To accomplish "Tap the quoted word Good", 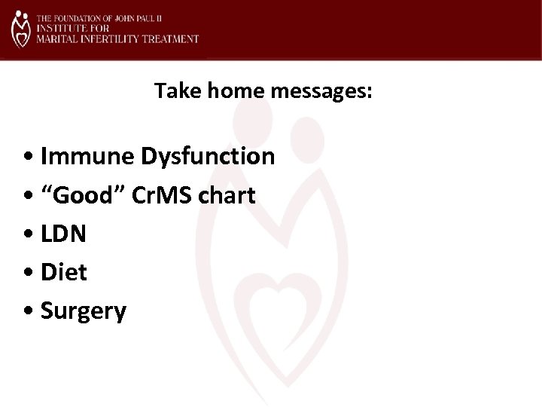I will pyautogui.click(x=89, y=196).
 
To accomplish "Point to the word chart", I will pyautogui.click(x=228, y=196).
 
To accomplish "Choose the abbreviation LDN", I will pyautogui.click(x=63, y=234).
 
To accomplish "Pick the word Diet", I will pyautogui.click(x=64, y=273).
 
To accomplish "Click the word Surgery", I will pyautogui.click(x=84, y=311).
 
